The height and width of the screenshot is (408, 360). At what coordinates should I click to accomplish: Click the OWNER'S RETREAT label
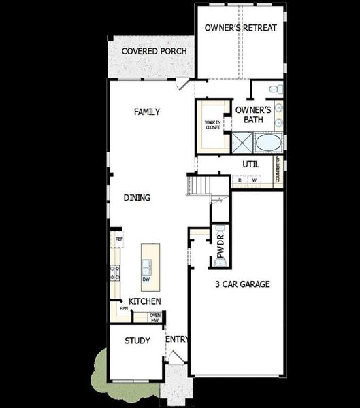pos(240,28)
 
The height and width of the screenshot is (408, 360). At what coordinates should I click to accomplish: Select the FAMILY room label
pos(147,112)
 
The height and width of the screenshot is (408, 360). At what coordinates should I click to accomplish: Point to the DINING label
pos(137,198)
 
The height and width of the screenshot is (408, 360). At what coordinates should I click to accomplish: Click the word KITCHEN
pos(145,301)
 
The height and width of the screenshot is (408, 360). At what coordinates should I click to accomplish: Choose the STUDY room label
pos(137,341)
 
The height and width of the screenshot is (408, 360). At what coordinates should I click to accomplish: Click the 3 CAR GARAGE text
pos(242,284)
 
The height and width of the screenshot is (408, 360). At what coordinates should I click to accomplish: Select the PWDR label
pos(220,250)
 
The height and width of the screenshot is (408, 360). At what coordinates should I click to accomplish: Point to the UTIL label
pos(251,164)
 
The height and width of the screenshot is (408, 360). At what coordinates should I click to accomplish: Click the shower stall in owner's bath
pos(241,142)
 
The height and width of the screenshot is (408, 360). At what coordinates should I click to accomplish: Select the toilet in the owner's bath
pos(274,90)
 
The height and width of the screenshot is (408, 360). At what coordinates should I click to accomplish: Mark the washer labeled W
pos(254,180)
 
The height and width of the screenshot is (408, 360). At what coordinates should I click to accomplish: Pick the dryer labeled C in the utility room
pos(239,180)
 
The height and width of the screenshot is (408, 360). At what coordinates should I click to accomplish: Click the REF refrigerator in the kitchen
pos(118,239)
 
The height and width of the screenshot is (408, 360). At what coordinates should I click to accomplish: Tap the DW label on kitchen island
pos(146,279)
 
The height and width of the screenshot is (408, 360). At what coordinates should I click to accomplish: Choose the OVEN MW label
pos(155,317)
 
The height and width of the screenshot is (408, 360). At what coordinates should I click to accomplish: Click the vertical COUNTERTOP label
pos(278,169)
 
